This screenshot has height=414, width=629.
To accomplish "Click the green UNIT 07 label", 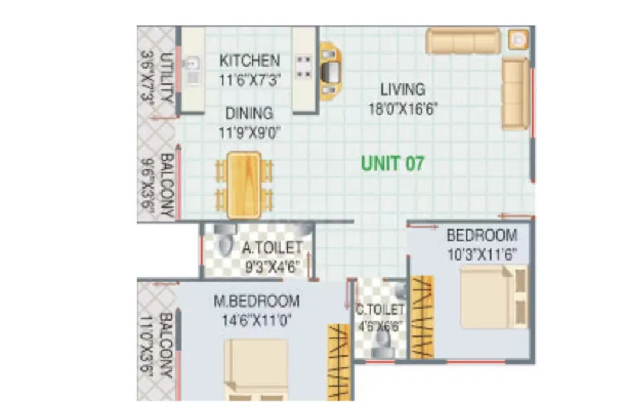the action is [x=392, y=163].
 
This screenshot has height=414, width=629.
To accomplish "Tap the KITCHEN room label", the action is [x=249, y=61].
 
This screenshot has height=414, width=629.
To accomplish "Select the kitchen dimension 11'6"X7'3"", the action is [x=249, y=80].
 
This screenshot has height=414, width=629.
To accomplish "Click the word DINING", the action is [x=249, y=114].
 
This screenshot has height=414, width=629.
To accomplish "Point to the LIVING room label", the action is [x=403, y=89].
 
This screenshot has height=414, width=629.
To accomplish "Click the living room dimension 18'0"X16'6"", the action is [x=403, y=108].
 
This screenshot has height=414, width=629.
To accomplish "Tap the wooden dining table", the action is [x=244, y=185].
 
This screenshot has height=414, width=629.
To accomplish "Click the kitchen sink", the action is [x=192, y=70].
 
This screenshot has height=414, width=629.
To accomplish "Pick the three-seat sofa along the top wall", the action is [x=463, y=41].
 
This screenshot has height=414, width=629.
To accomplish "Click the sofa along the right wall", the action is [x=516, y=93].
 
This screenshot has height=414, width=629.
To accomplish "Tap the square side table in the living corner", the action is [x=518, y=40].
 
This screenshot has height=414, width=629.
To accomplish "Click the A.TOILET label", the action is [x=272, y=248].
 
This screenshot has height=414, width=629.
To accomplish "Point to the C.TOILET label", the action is [x=380, y=309].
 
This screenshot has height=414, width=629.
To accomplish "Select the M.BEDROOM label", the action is [x=256, y=301].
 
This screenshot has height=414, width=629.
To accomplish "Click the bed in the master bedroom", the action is [x=256, y=370].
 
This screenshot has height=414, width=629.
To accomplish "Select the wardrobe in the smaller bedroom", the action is [x=422, y=317].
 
